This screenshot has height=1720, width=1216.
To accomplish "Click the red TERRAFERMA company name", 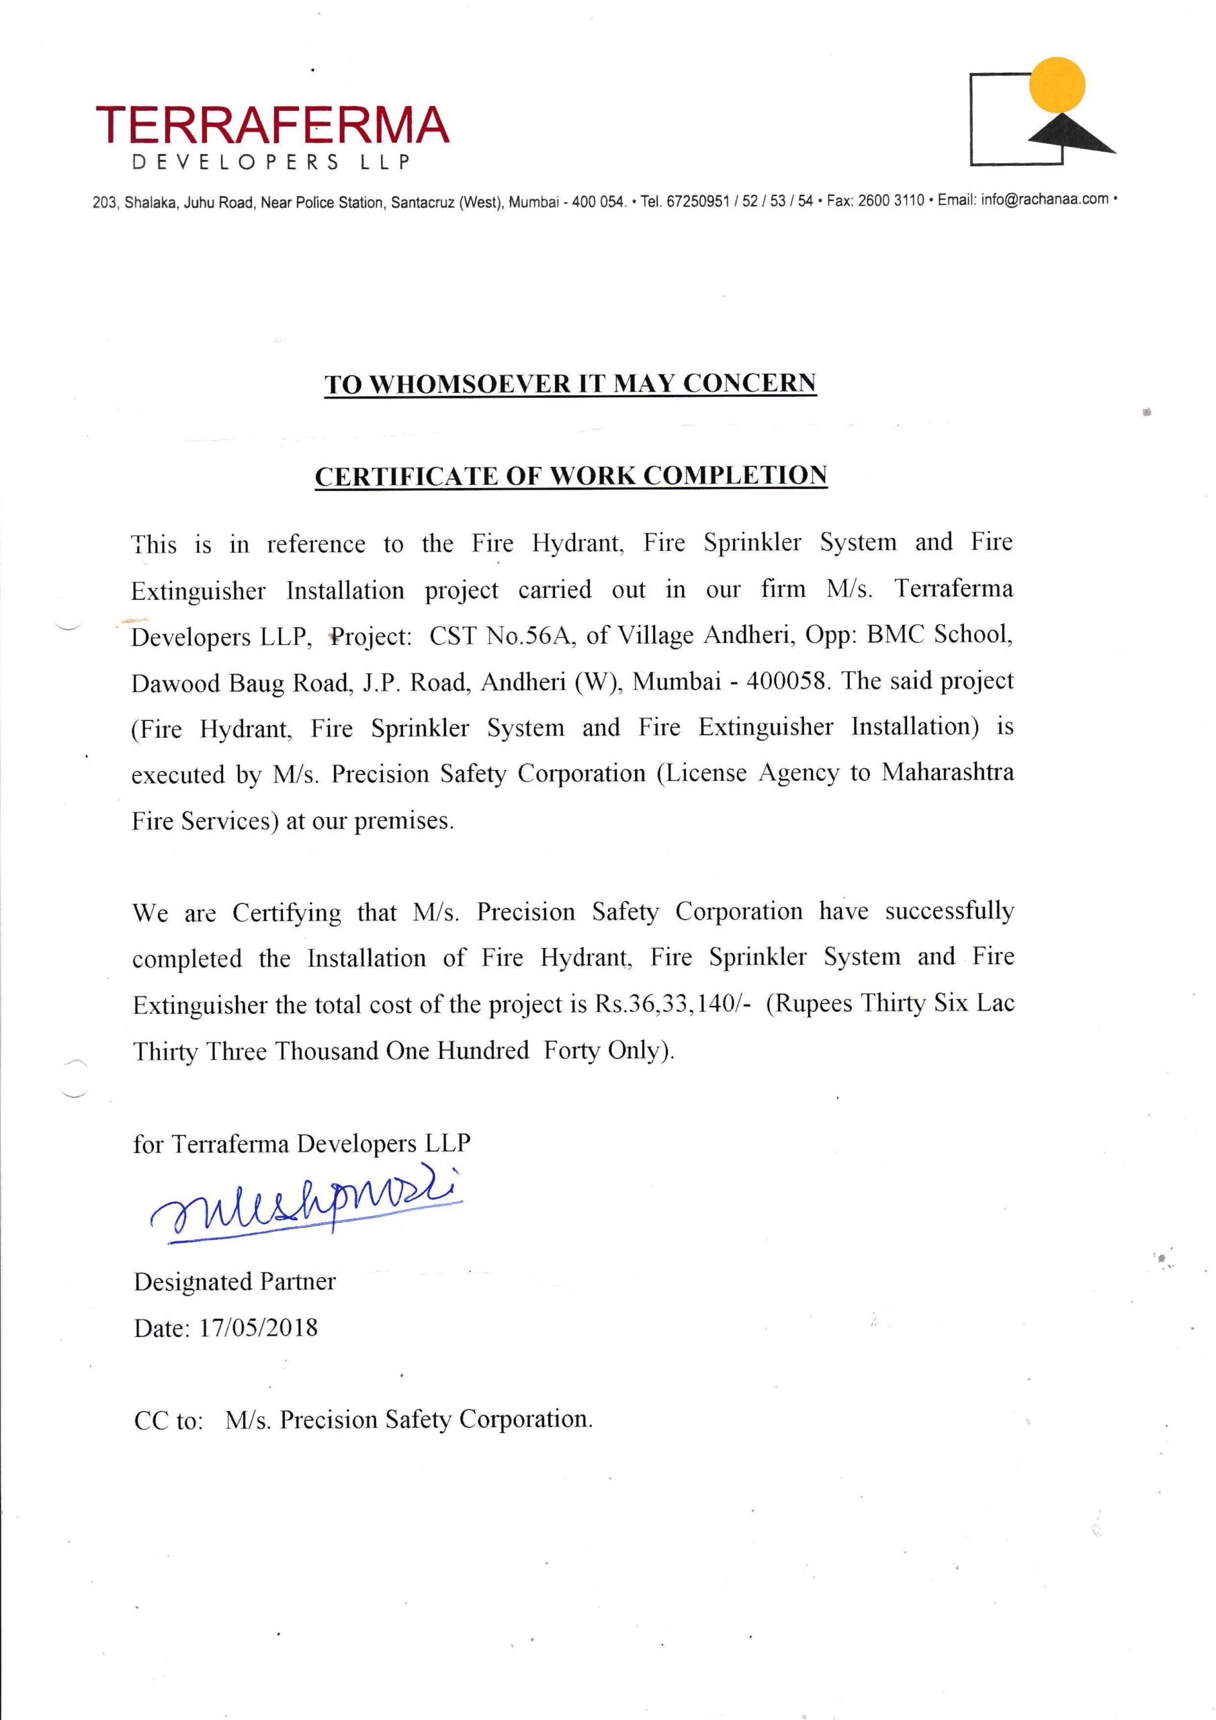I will point(273,126).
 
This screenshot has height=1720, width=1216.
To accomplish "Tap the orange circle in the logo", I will point(1057,85).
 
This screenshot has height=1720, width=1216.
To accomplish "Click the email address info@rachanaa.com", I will point(1045,200).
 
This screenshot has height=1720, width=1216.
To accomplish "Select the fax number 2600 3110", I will point(891,201).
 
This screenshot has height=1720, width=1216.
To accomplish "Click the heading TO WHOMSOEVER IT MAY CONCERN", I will point(570,384).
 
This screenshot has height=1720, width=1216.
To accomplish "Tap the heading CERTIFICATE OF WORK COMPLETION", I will point(570,476).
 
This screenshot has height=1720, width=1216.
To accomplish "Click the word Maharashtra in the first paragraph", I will point(947,773).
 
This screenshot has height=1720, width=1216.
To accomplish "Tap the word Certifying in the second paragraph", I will point(286,912).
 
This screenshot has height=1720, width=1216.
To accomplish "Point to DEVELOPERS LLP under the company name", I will point(271,163).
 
